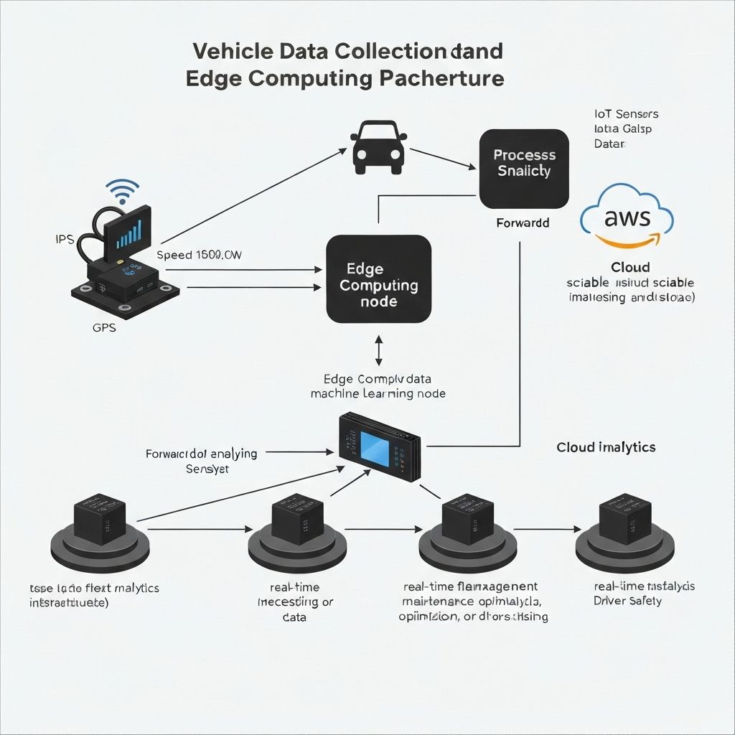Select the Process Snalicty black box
pos(524,164)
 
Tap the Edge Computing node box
pos(378,279)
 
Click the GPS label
pos(104,328)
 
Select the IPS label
pos(64,240)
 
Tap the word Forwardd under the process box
pos(523,223)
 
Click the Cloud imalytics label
pos(606,447)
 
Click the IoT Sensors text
pos(626,114)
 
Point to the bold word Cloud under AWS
pos(630,267)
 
